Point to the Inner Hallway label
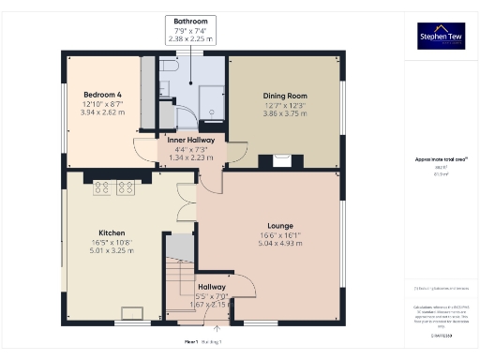pos(190,141)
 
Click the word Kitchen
pos(112,232)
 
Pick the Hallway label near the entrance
pos(210,287)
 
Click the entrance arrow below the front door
pos(217,327)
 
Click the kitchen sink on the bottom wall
pos(129,314)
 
